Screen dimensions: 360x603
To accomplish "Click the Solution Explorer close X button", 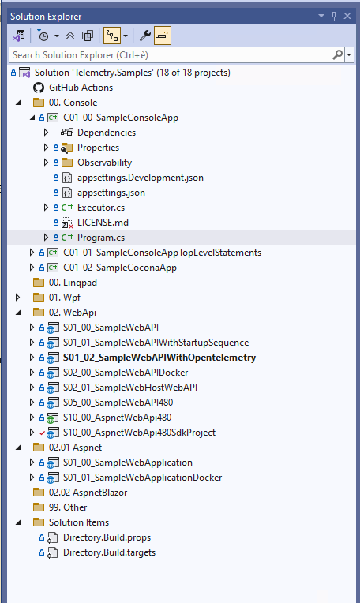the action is tap(347, 16).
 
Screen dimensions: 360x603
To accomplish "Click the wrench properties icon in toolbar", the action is tap(144, 36).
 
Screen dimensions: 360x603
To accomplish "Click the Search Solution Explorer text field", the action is tap(171, 55).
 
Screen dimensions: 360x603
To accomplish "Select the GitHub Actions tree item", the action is tap(81, 88).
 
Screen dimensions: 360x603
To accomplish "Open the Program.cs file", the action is tap(101, 238).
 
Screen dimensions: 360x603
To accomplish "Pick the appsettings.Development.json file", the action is tap(141, 178).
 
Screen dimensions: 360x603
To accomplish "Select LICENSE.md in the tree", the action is tap(103, 223).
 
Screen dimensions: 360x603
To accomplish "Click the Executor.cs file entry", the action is tap(101, 208).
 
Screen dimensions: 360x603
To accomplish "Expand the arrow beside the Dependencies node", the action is tap(46, 133).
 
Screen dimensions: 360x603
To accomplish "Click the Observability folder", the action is tap(105, 163).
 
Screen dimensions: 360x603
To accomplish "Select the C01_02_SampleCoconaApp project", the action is tap(120, 268).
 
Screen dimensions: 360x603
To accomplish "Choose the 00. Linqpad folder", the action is tap(73, 283).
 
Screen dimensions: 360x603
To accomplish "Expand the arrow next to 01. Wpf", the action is tap(17, 298).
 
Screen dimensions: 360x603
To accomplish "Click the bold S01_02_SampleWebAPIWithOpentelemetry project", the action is tap(159, 358).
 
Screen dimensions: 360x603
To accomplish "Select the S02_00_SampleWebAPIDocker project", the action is tap(126, 373).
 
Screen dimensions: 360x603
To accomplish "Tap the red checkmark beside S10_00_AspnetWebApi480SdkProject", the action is tap(42, 433).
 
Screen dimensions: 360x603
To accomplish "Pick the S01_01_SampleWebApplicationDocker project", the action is tap(142, 478).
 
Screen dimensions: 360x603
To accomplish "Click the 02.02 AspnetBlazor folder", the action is tap(88, 493).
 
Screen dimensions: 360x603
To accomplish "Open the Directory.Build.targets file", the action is tap(109, 552).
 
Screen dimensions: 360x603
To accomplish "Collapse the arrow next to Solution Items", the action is tap(18, 523).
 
